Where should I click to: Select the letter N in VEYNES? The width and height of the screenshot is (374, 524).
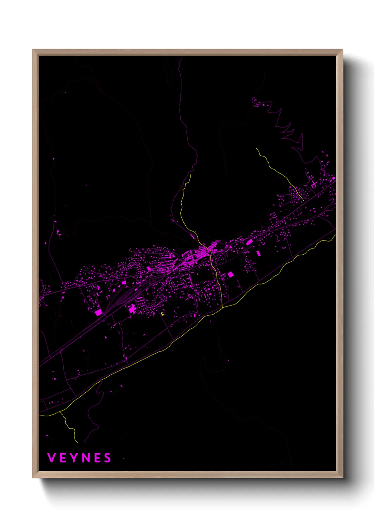click(87, 458)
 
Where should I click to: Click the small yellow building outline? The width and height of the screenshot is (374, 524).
click(163, 313)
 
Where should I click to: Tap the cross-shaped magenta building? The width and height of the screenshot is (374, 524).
click(314, 184)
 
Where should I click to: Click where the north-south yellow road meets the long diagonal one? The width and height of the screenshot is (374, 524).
click(222, 308)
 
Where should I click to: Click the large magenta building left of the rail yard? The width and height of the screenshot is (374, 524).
click(98, 312)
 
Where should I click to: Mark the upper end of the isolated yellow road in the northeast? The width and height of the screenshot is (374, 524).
click(256, 148)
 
